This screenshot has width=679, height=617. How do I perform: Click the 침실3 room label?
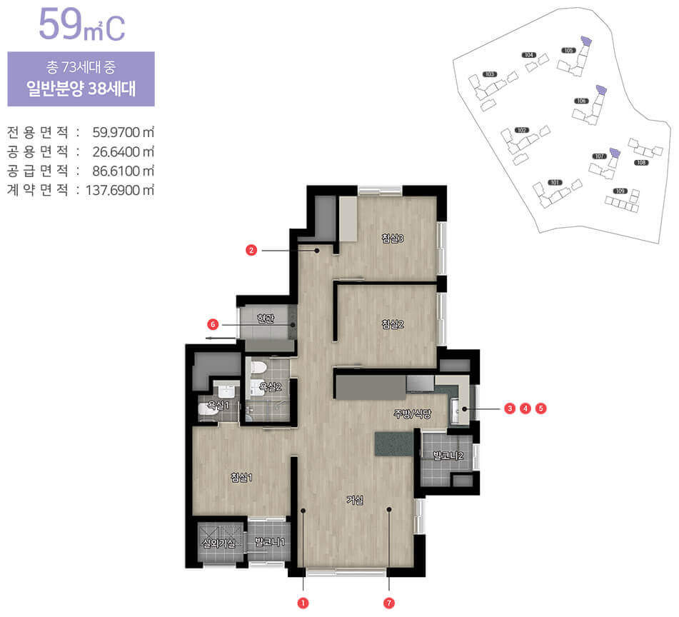point(393,239)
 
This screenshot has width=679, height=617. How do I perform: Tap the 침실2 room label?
point(393,325)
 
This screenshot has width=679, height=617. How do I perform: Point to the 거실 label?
point(355,500)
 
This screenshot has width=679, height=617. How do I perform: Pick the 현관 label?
point(266,318)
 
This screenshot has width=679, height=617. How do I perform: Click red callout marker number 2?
point(251,251)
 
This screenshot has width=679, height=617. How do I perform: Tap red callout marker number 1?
point(303,603)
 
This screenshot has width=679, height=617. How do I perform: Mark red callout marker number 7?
point(389,603)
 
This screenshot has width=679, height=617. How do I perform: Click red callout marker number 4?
point(525,408)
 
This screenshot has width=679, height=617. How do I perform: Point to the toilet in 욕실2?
point(259,368)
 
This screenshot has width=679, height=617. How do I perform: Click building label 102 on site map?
point(522,130)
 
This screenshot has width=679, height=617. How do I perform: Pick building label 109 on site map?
point(620,191)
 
